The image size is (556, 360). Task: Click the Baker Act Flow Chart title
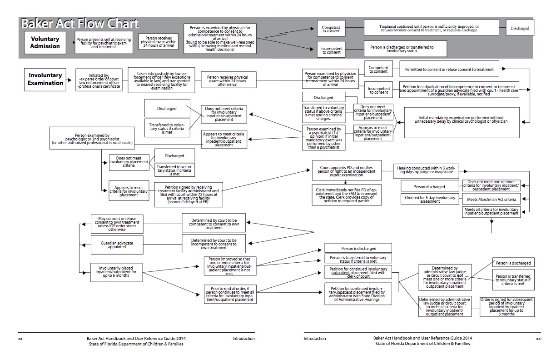80,24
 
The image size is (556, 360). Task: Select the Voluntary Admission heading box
45,43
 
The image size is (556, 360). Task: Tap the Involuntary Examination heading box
46,79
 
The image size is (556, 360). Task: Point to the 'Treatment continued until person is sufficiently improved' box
429,28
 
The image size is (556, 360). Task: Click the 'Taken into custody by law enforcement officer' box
159,80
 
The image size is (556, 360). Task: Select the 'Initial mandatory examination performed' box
462,122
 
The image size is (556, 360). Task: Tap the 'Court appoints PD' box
347,170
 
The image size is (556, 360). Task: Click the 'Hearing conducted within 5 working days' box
425,170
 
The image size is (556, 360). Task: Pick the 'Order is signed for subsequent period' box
507,306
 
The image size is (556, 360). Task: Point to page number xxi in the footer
538,339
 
